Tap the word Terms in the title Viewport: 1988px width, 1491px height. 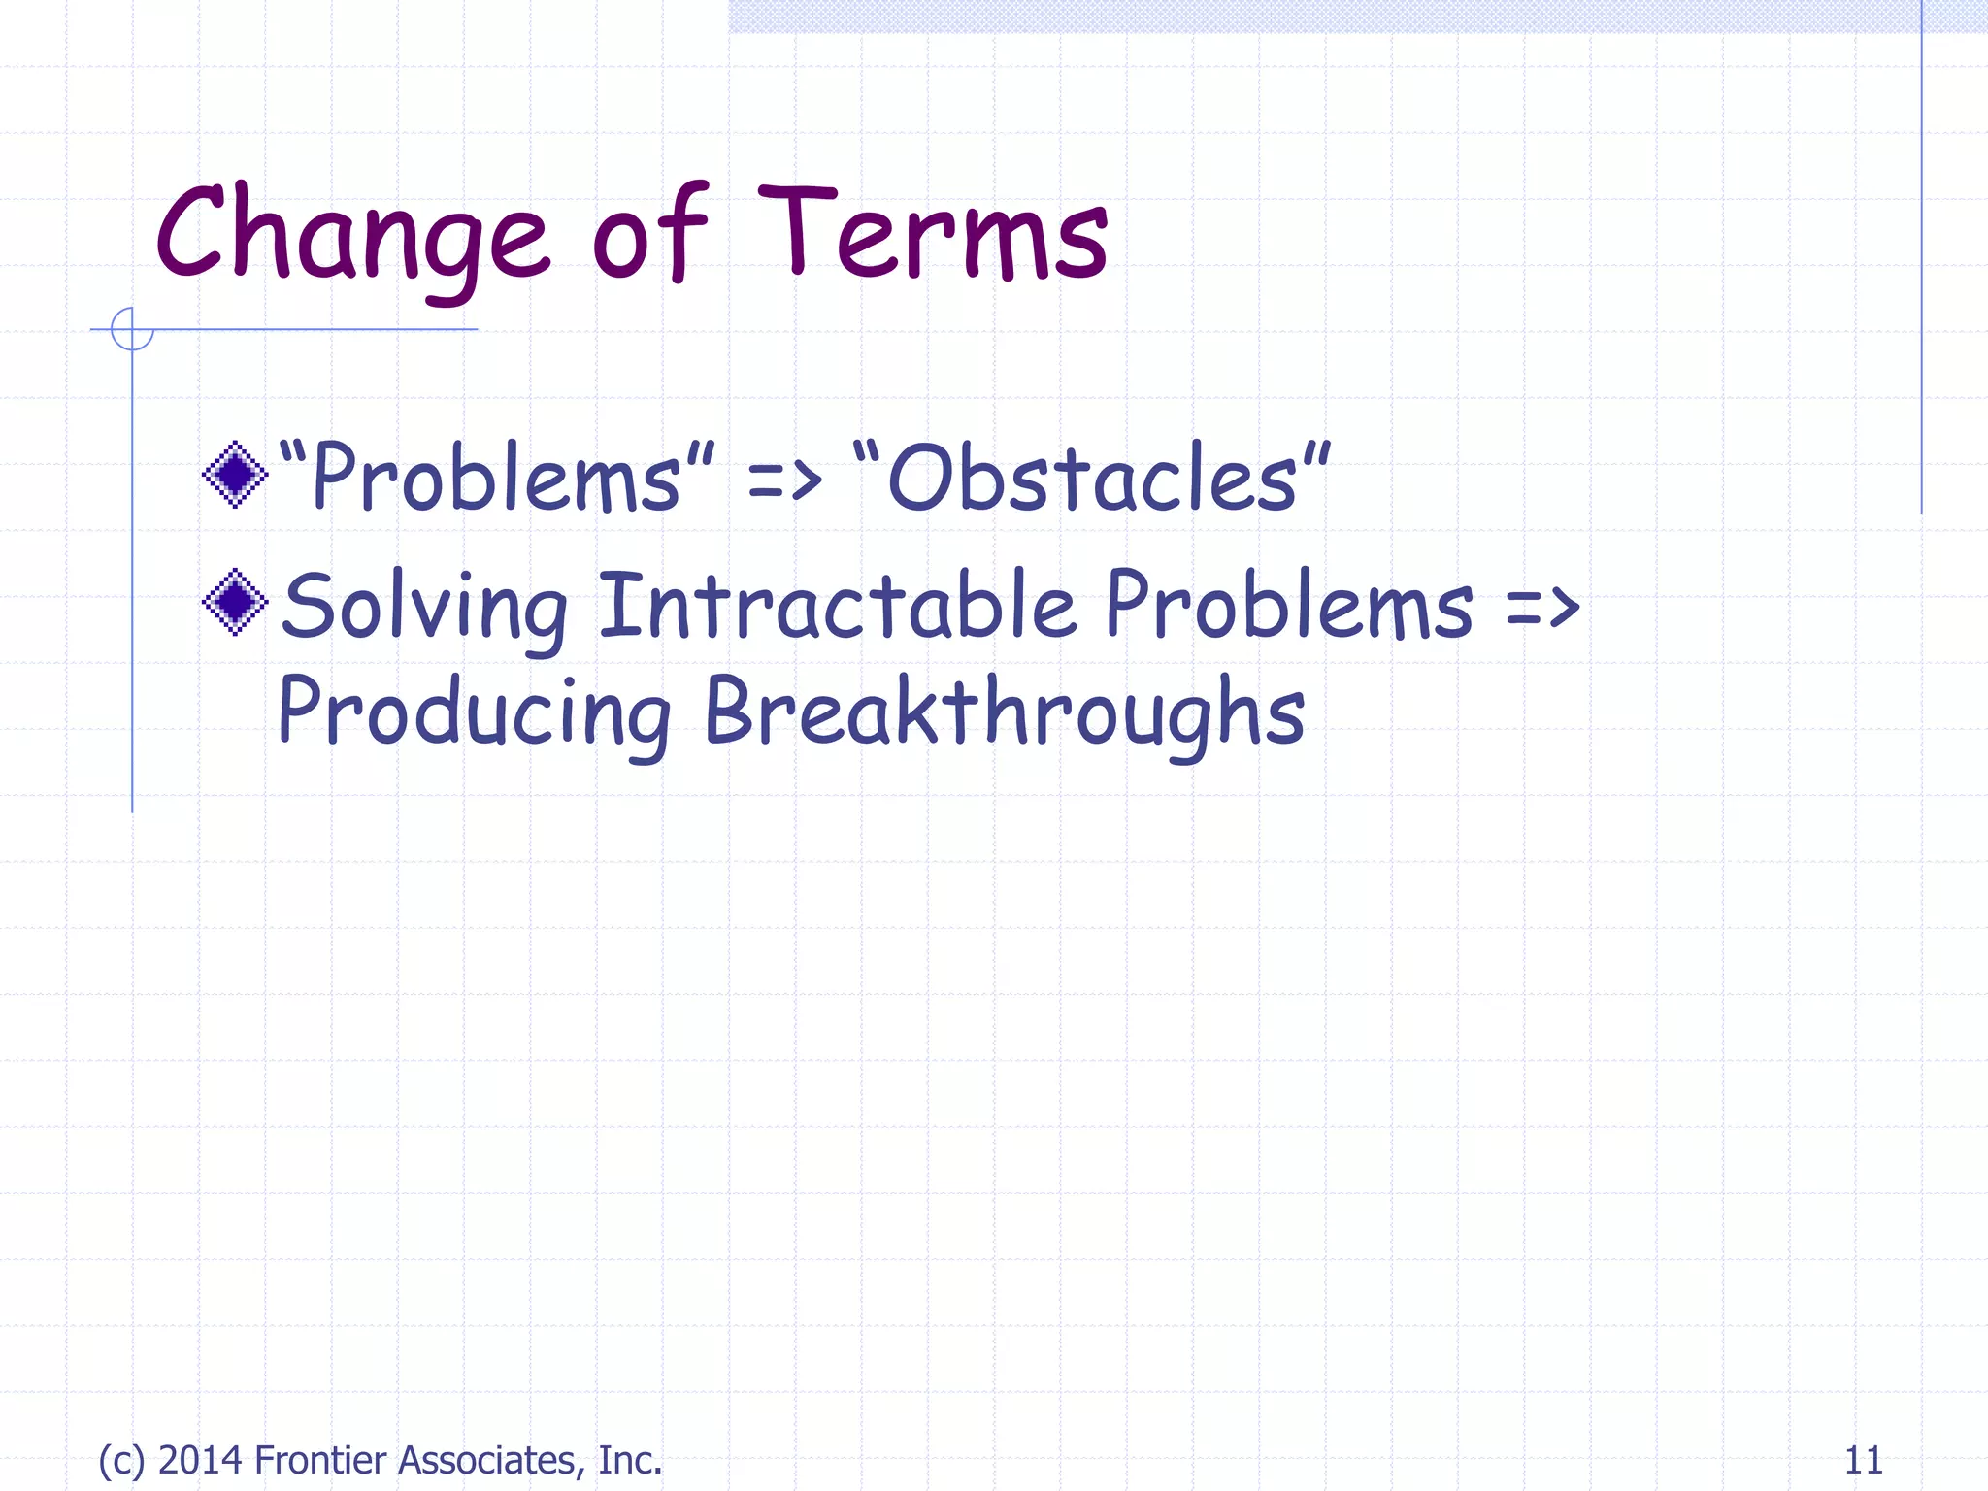(x=932, y=236)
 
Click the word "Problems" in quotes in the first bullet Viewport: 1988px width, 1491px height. (x=496, y=478)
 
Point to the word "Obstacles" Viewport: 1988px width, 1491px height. (x=1091, y=478)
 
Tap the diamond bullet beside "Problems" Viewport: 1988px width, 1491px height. (x=235, y=475)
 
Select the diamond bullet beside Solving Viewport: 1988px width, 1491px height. (x=235, y=602)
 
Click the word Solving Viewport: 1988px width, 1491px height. (x=424, y=607)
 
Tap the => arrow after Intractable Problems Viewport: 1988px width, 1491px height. (x=1542, y=608)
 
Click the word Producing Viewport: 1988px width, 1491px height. (x=474, y=712)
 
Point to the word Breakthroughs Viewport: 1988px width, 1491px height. (x=1004, y=712)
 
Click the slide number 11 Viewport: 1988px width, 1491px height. (x=1862, y=1460)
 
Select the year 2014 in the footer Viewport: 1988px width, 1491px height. (x=200, y=1460)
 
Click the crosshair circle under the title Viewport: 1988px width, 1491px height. (x=132, y=329)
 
